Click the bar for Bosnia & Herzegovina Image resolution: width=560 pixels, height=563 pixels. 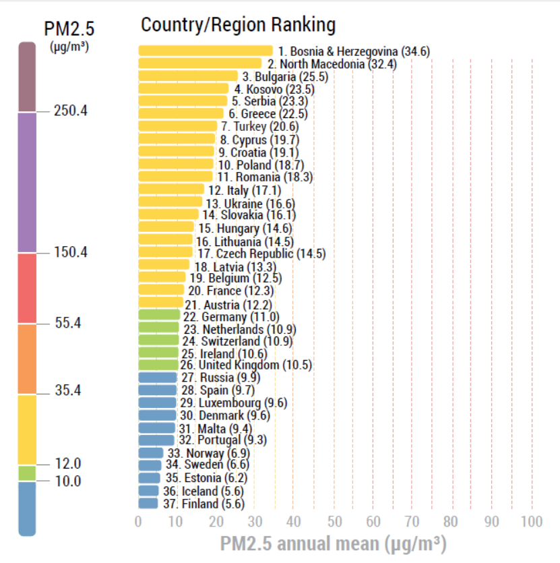click(x=205, y=51)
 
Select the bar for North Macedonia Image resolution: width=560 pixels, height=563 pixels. click(x=199, y=63)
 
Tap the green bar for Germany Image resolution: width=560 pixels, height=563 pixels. click(x=159, y=315)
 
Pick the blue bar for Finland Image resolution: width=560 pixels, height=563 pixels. click(x=148, y=503)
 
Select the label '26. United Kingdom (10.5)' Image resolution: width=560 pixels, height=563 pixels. click(x=246, y=365)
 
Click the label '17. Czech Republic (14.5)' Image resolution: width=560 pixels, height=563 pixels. click(x=261, y=254)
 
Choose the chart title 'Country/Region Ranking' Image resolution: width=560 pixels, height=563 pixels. click(x=238, y=26)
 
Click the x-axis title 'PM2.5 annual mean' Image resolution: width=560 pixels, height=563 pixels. click(x=333, y=543)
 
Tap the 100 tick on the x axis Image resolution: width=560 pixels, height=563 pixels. click(x=531, y=521)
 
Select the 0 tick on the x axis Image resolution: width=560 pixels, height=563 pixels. click(x=138, y=521)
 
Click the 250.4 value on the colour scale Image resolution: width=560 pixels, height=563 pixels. click(x=71, y=111)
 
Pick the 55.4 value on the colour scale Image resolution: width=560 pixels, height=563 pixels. click(x=68, y=323)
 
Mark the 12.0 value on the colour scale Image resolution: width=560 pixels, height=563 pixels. click(x=68, y=464)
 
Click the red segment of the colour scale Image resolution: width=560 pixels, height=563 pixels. click(x=27, y=289)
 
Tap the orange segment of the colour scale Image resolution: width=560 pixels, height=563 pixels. click(x=27, y=359)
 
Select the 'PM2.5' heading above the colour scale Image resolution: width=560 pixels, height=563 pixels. click(x=69, y=29)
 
